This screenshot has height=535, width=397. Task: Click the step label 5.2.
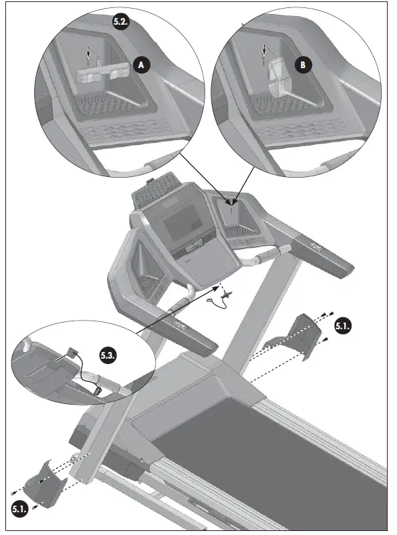point(120,20)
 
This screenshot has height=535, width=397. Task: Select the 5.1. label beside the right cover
point(343,327)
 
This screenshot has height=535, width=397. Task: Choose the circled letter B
point(303,65)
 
